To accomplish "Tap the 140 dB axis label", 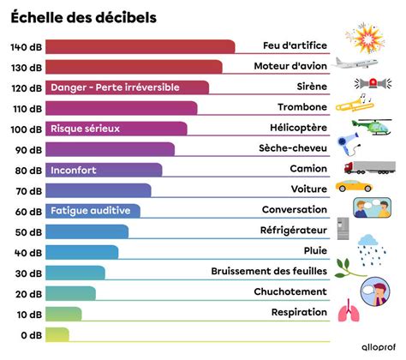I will [x=25, y=46].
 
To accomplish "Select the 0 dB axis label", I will [x=30, y=334].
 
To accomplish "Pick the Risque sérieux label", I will [x=86, y=129].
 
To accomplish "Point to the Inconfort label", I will [x=74, y=170].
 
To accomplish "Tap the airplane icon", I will [x=355, y=63].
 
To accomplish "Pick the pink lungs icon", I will [x=349, y=311].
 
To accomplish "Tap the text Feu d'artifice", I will [x=295, y=46].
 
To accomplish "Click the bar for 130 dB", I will [x=133, y=67].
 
